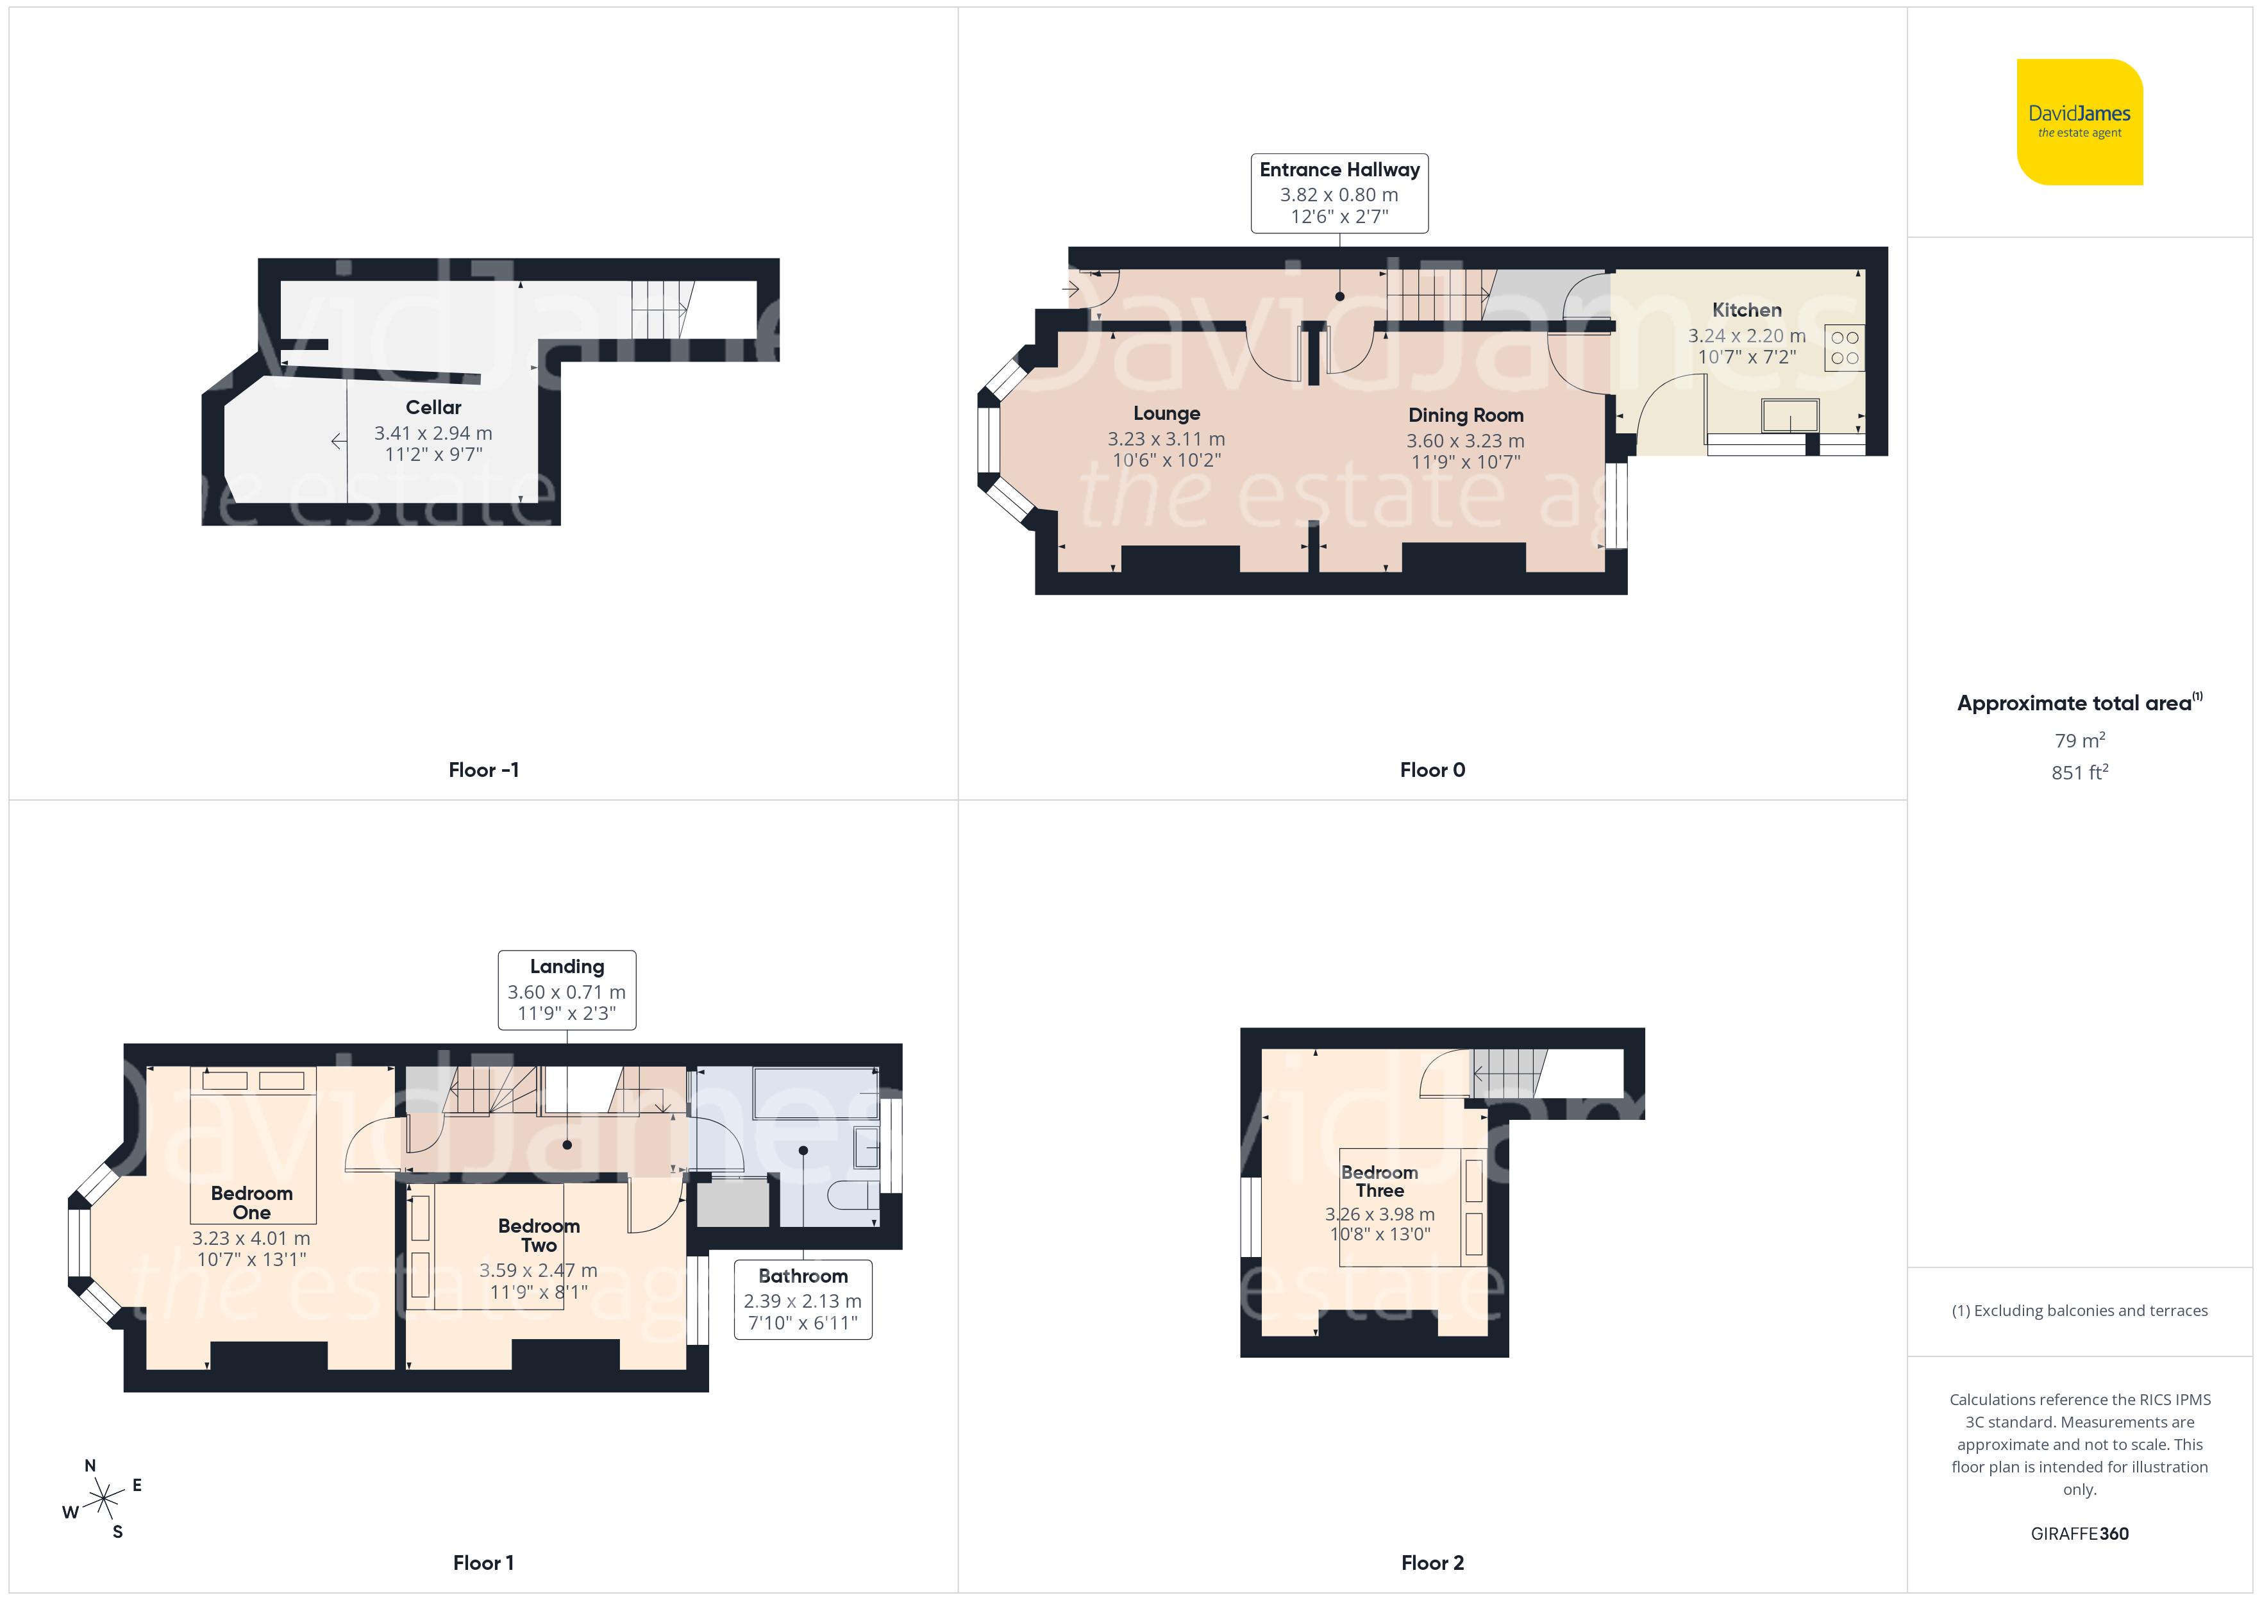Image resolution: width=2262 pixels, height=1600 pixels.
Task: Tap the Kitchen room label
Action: (1747, 310)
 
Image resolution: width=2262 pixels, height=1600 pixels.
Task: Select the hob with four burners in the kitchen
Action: (1844, 348)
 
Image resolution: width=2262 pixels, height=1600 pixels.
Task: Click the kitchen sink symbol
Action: (1790, 416)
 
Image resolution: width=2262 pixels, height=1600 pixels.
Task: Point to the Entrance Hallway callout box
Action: (1340, 193)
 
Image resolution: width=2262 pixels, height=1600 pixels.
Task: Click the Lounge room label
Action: (1166, 414)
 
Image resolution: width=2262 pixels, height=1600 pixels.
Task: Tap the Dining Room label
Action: (1466, 415)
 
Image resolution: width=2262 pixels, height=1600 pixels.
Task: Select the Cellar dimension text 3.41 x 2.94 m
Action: (433, 433)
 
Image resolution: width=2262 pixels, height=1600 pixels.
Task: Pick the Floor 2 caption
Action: (1432, 1563)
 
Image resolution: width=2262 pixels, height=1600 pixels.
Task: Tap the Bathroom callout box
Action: (803, 1299)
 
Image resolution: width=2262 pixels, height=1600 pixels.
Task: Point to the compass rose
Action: (103, 1499)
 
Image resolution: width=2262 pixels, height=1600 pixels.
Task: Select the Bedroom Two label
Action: (539, 1235)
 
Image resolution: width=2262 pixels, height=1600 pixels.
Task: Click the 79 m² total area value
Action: (2080, 740)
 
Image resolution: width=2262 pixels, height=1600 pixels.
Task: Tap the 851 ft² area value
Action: (2080, 772)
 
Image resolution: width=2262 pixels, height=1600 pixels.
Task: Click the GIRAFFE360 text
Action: (2080, 1534)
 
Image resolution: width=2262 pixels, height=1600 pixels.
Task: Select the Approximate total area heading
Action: (2079, 703)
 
